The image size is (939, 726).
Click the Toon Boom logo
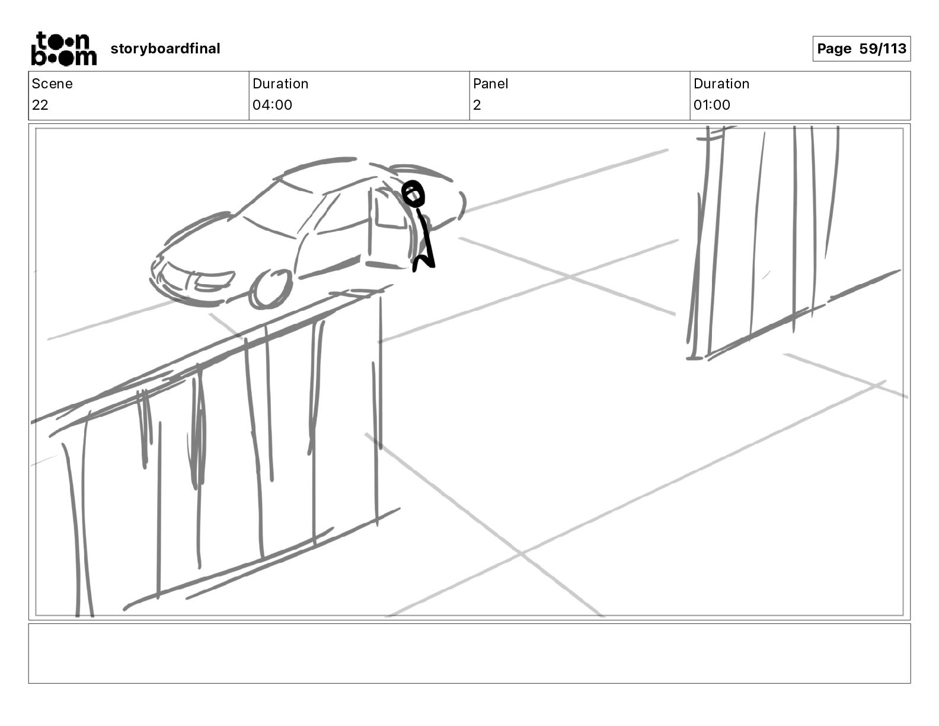tap(63, 49)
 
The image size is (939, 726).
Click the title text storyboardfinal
tap(165, 49)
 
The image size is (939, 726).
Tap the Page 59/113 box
tap(861, 49)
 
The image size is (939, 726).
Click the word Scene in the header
tap(52, 84)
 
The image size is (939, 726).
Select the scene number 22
tap(40, 105)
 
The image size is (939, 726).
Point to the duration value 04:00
tap(272, 105)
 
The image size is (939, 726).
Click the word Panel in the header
tap(490, 84)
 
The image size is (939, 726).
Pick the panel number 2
tap(477, 105)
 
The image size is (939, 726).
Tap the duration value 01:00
tap(712, 105)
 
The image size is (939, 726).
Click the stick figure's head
tap(414, 194)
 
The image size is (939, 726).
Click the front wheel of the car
tap(271, 289)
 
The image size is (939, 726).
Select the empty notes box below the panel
tap(469, 653)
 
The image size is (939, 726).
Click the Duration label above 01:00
tap(721, 84)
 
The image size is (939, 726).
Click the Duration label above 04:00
tap(280, 84)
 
